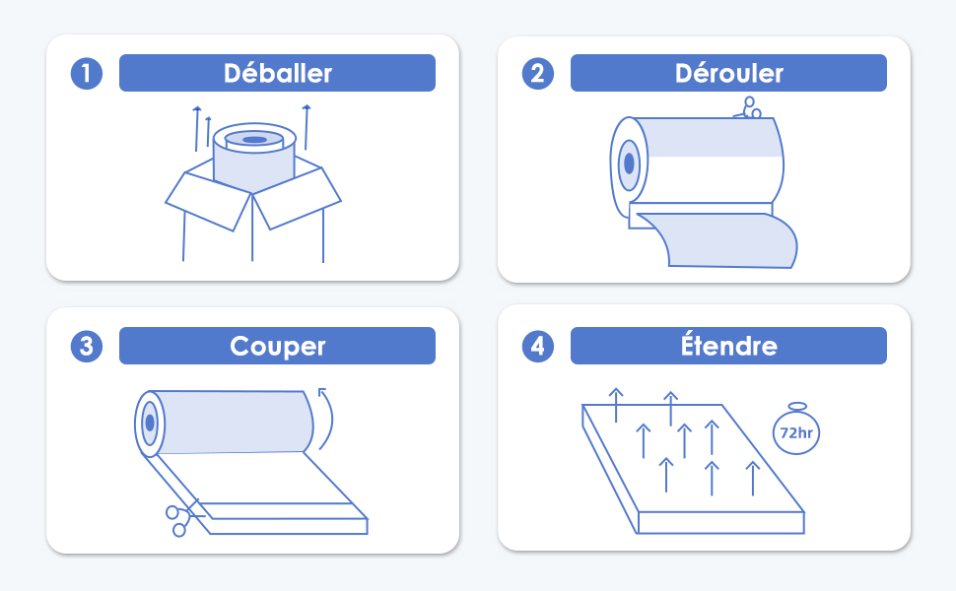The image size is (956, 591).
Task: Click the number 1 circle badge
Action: [87, 74]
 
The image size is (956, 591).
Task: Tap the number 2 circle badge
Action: [538, 74]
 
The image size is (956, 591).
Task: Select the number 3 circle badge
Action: [87, 347]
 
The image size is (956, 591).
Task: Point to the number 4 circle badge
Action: [538, 347]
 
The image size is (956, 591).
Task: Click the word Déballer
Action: [277, 73]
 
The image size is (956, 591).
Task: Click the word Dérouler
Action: [728, 73]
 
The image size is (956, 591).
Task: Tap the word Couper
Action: [277, 347]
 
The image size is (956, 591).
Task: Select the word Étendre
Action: [728, 344]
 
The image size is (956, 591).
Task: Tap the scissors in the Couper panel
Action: [183, 519]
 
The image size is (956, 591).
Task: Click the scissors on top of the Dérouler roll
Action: [748, 107]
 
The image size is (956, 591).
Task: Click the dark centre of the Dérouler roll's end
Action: [629, 164]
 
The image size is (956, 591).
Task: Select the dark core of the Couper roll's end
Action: [150, 423]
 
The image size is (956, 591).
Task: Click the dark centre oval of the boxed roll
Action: [255, 140]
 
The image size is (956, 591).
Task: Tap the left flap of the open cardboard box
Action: [209, 201]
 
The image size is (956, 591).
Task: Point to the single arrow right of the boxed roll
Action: [307, 127]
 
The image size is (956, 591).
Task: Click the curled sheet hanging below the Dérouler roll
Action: [719, 240]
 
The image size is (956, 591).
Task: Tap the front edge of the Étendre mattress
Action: [720, 523]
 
